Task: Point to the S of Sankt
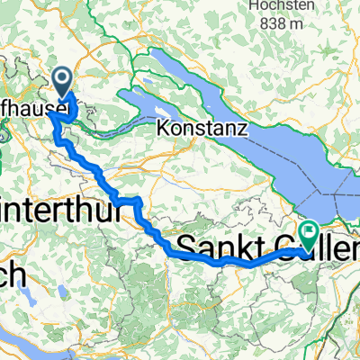tap(186, 245)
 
